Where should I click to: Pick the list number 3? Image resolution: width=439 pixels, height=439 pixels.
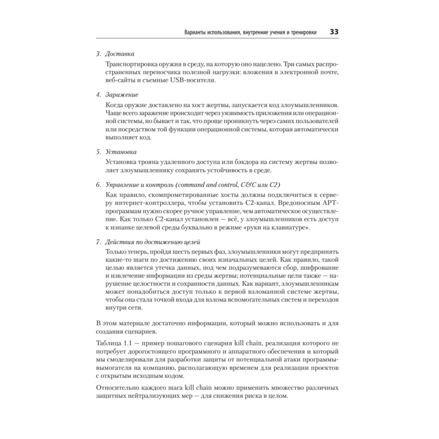(x=98, y=54)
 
